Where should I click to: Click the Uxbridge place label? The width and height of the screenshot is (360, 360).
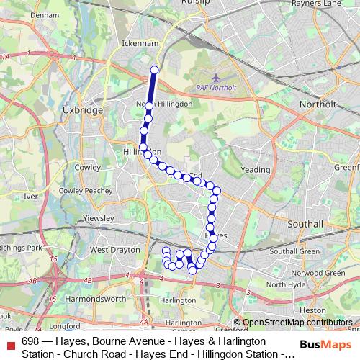[84, 110]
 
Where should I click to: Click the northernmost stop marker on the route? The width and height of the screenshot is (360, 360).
[154, 70]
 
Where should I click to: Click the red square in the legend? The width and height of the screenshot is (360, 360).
[10, 346]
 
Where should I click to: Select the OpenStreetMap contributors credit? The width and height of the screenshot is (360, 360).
[297, 323]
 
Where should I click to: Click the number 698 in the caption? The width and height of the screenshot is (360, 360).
[30, 341]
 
